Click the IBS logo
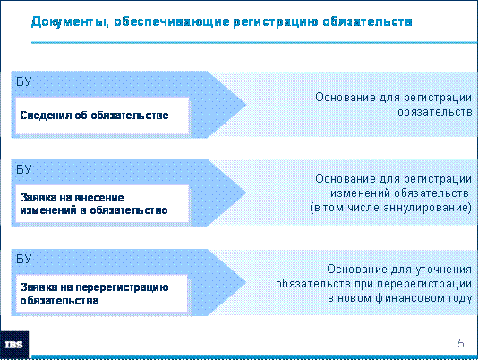coord(14,345)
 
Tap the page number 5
coord(461,343)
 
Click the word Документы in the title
coord(70,22)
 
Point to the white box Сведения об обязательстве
coord(102,116)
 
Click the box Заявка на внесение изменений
coord(102,204)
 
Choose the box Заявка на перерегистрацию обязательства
coord(101,294)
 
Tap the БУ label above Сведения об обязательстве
coord(23,81)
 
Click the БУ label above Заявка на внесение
coord(23,169)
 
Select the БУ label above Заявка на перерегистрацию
coord(23,259)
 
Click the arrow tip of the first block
coord(245,105)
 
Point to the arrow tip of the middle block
coord(245,193)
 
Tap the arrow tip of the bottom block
coord(245,282)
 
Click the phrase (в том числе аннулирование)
coord(391,208)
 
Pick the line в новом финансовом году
coord(399,298)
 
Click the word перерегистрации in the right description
coord(413,284)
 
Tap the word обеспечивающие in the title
coord(172,22)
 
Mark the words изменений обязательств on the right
coord(399,193)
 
